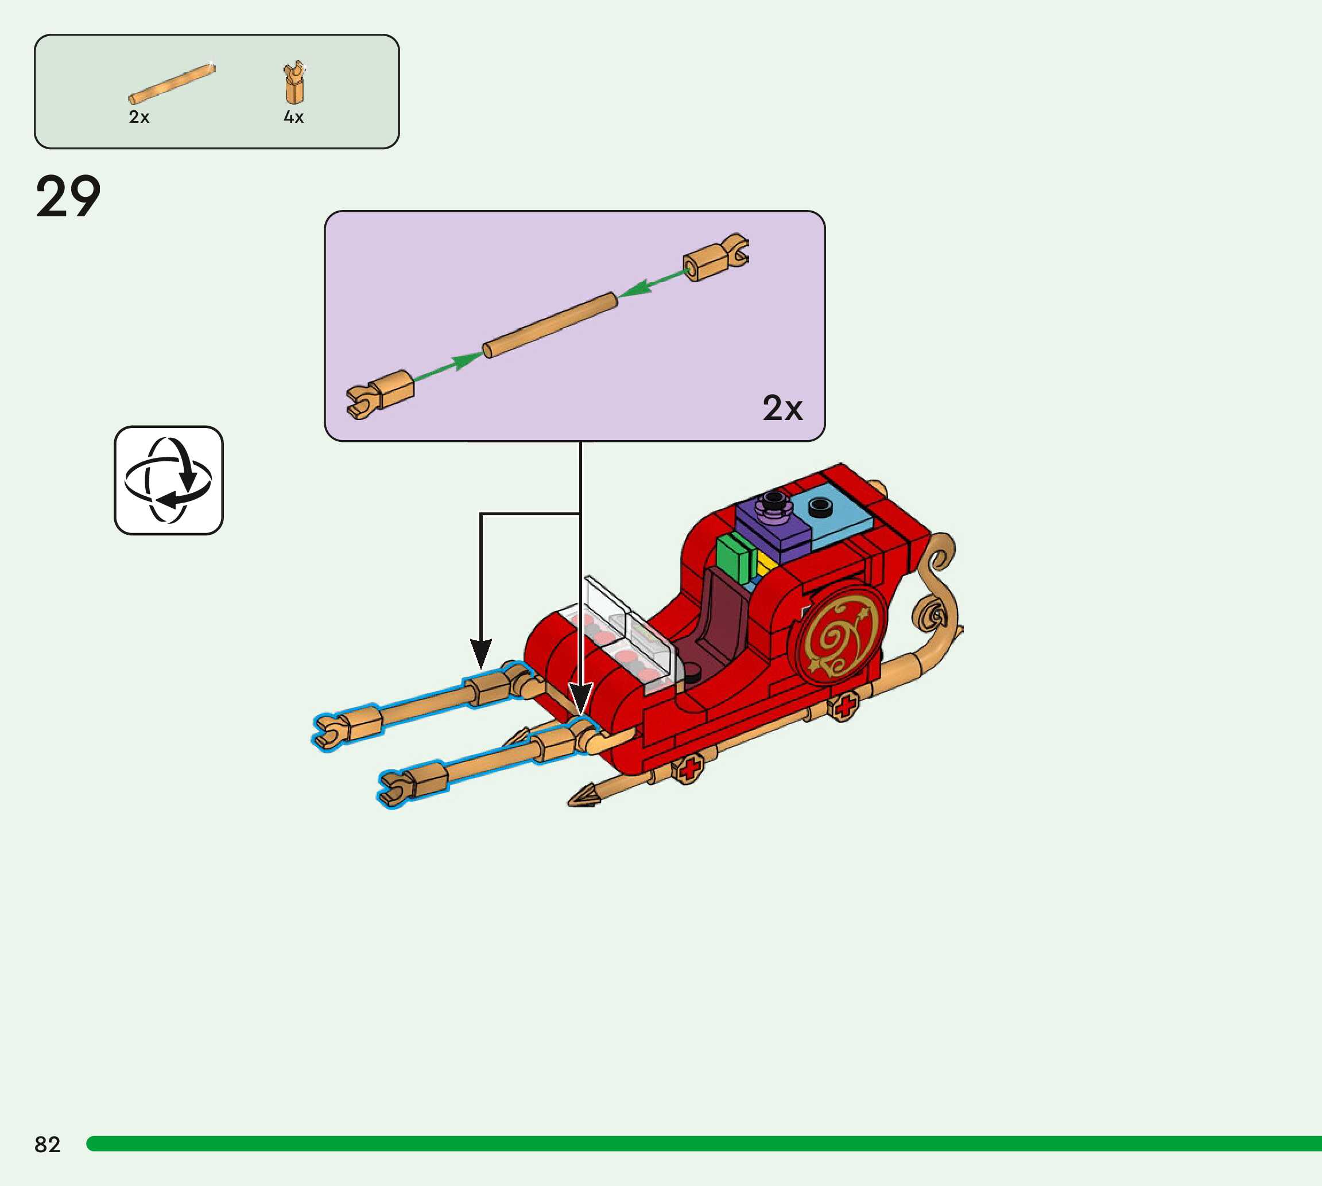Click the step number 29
68,196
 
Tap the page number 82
47,1144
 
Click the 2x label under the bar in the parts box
139,117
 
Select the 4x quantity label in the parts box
293,117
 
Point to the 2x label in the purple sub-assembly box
782,408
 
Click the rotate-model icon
168,480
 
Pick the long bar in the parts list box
172,83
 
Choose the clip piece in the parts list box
294,83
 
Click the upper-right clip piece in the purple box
716,258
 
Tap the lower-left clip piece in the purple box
381,394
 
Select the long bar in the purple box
549,325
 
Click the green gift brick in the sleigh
735,559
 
